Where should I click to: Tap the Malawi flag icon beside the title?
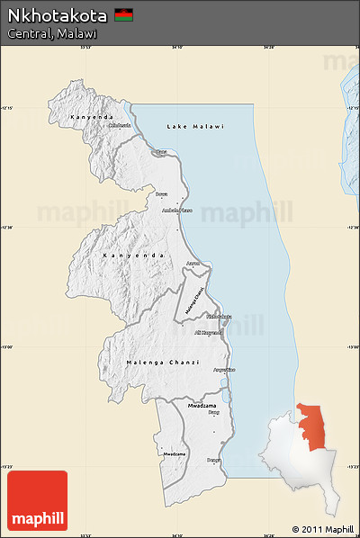pyautogui.click(x=123, y=15)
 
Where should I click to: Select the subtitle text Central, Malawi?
pyautogui.click(x=52, y=33)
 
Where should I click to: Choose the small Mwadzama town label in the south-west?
pyautogui.click(x=175, y=453)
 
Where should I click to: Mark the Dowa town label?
pyautogui.click(x=162, y=193)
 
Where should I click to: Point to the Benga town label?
pyautogui.click(x=213, y=460)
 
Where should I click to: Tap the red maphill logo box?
pyautogui.click(x=37, y=501)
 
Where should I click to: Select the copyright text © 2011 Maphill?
pyautogui.click(x=322, y=529)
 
